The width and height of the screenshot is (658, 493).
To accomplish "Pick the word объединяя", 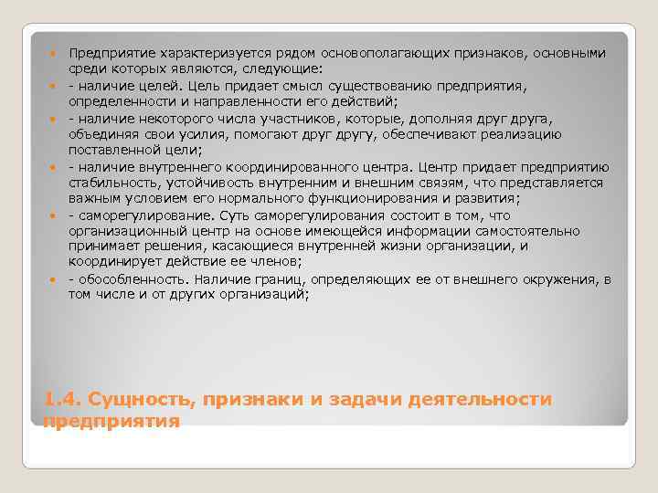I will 106,134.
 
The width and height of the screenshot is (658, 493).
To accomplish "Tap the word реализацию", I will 559,134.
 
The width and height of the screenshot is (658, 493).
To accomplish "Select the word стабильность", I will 116,183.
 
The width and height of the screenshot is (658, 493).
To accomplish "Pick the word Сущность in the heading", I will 135,400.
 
